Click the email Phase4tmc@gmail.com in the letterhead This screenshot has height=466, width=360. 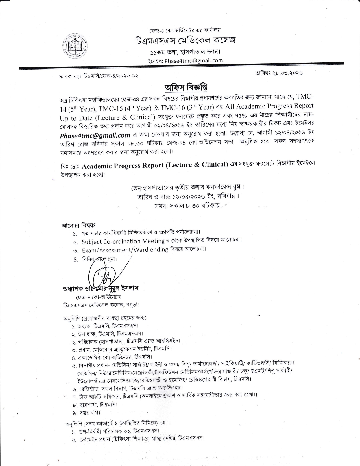pos(194,60)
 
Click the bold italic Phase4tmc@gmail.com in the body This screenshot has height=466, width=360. pos(95,135)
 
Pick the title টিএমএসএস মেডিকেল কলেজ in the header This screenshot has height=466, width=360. pos(185,41)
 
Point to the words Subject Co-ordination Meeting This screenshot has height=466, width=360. pos(123,241)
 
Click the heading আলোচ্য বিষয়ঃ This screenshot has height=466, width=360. pos(79,225)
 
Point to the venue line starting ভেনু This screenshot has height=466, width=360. pos(186,187)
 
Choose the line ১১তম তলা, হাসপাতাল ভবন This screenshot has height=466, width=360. pos(185,52)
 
